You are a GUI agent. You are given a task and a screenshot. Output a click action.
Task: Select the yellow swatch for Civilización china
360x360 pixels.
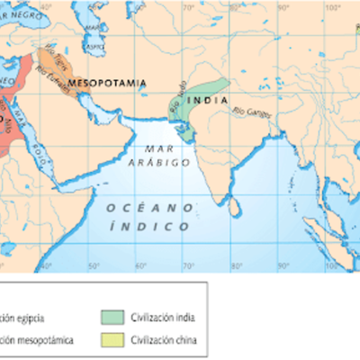[x=113, y=340]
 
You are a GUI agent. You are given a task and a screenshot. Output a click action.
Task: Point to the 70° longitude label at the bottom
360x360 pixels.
[x=187, y=266]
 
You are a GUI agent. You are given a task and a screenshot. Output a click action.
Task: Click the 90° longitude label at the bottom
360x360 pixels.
[x=282, y=266]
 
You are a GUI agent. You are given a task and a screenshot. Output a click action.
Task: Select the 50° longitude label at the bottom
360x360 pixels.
[x=93, y=266]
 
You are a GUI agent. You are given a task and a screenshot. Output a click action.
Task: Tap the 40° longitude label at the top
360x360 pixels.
[x=46, y=8]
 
